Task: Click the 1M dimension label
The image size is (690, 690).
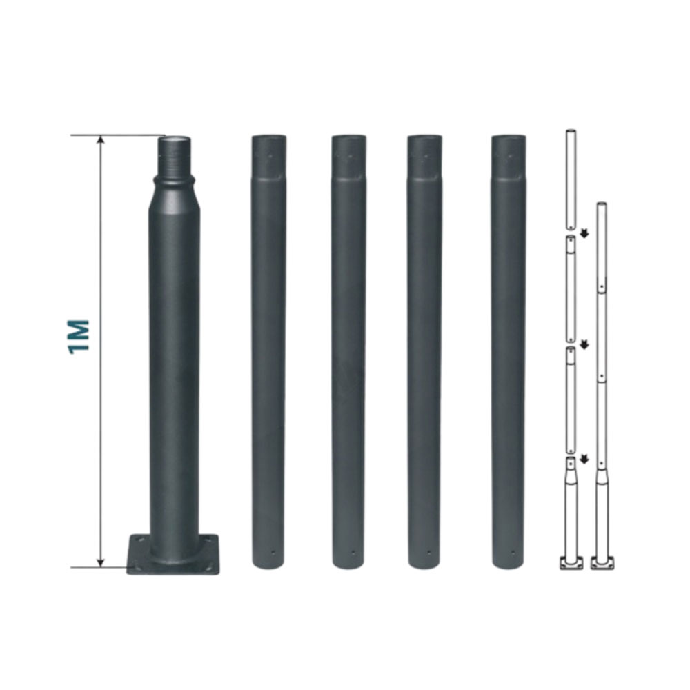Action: (79, 337)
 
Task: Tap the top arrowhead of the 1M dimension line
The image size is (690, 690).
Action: (101, 140)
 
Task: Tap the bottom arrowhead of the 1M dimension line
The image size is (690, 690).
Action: (101, 562)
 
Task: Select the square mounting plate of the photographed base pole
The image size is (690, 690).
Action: (173, 554)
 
